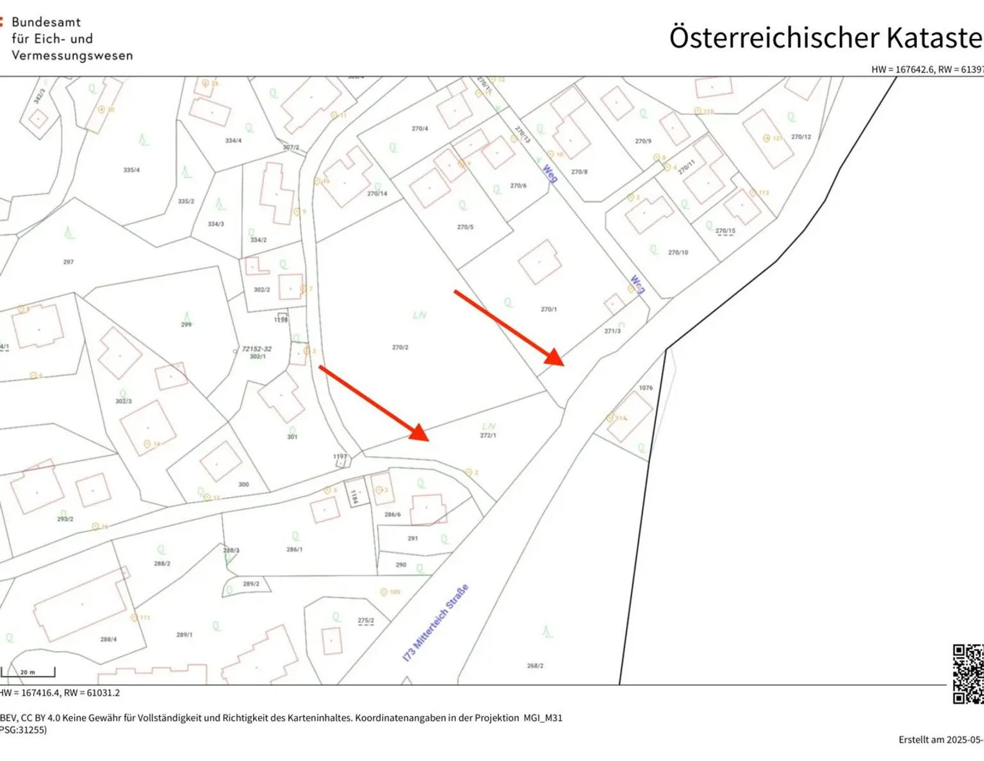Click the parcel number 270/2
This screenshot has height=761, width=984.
tap(400, 347)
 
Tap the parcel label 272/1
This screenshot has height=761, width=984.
tap(488, 436)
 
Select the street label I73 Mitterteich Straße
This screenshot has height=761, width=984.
tap(436, 623)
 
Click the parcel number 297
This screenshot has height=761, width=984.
tap(69, 262)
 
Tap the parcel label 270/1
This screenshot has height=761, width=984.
tap(548, 309)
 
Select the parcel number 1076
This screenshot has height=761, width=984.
tap(646, 388)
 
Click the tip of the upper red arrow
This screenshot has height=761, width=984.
tap(564, 364)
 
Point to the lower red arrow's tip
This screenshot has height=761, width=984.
tap(429, 440)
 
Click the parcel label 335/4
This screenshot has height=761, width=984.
tap(131, 170)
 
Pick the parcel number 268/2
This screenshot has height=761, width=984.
tap(535, 666)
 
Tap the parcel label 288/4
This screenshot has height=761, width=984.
tap(108, 639)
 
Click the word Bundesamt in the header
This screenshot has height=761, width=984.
tap(46, 22)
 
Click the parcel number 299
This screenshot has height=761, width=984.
tap(186, 325)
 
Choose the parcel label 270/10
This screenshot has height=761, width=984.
tap(678, 252)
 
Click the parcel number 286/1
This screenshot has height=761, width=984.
tap(295, 550)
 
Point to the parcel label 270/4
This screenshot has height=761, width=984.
tap(420, 129)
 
